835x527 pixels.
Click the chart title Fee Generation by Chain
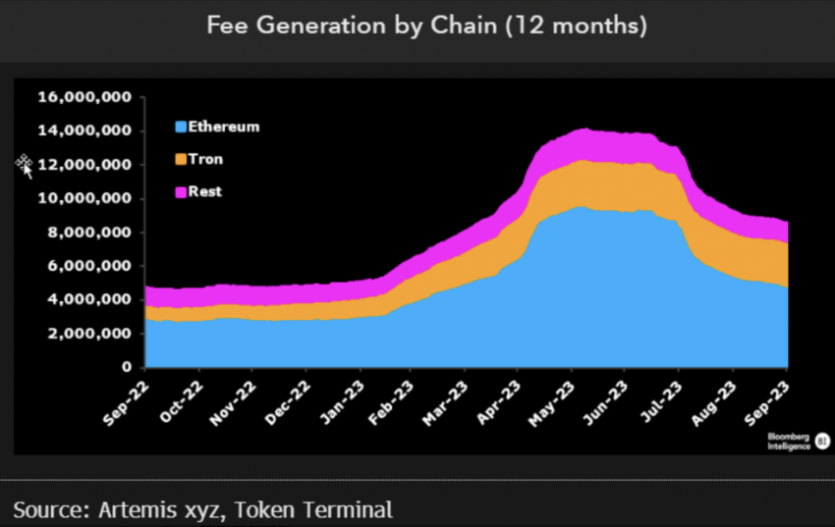[x=426, y=26]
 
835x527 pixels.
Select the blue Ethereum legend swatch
[x=180, y=127]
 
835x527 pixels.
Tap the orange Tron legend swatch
[x=180, y=159]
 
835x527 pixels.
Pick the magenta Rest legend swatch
[x=180, y=192]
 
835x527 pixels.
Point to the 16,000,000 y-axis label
[x=84, y=97]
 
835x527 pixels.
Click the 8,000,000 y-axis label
[x=88, y=233]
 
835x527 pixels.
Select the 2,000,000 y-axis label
[x=88, y=334]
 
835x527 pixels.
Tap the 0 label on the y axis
[x=127, y=367]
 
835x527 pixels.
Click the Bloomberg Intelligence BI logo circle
[x=822, y=441]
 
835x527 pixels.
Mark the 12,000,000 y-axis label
[x=84, y=165]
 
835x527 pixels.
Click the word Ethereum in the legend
[x=224, y=127]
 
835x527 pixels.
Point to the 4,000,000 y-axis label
[x=88, y=300]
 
